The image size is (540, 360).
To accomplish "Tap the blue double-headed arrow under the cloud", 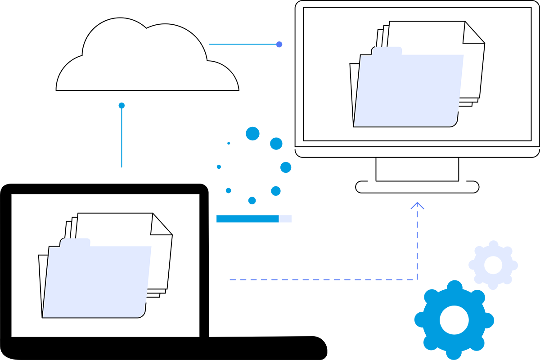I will click(x=121, y=135).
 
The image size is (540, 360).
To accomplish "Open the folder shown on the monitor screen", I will click(x=409, y=85).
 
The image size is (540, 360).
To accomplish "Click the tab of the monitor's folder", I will click(x=387, y=51).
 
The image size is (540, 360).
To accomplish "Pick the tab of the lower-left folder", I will click(x=75, y=243).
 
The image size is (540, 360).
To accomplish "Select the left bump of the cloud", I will click(x=74, y=74).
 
